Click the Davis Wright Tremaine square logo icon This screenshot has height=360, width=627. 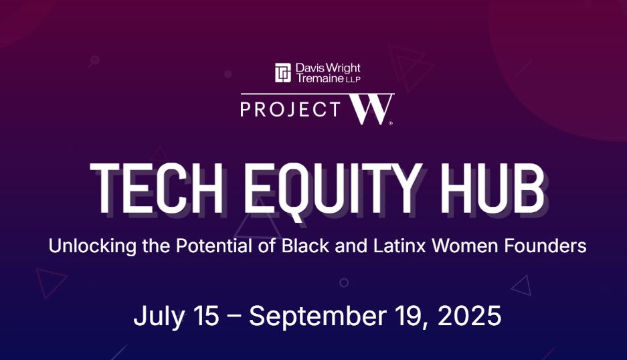tap(282, 73)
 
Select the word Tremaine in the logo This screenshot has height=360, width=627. tap(320, 78)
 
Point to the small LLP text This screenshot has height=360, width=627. tap(353, 79)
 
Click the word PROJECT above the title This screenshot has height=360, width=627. tap(290, 109)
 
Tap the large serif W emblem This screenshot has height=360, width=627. tap(370, 109)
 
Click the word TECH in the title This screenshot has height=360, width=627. tap(157, 188)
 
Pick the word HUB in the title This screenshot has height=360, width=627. tap(492, 188)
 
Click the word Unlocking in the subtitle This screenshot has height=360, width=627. tap(92, 246)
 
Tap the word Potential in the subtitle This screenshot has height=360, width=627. tap(214, 246)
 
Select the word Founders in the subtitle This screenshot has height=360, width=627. tap(545, 246)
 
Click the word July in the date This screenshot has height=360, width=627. tap(159, 317)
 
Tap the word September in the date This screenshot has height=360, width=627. tap(317, 317)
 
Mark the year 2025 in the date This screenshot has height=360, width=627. tap(470, 316)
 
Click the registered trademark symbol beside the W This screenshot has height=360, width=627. tap(391, 123)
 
